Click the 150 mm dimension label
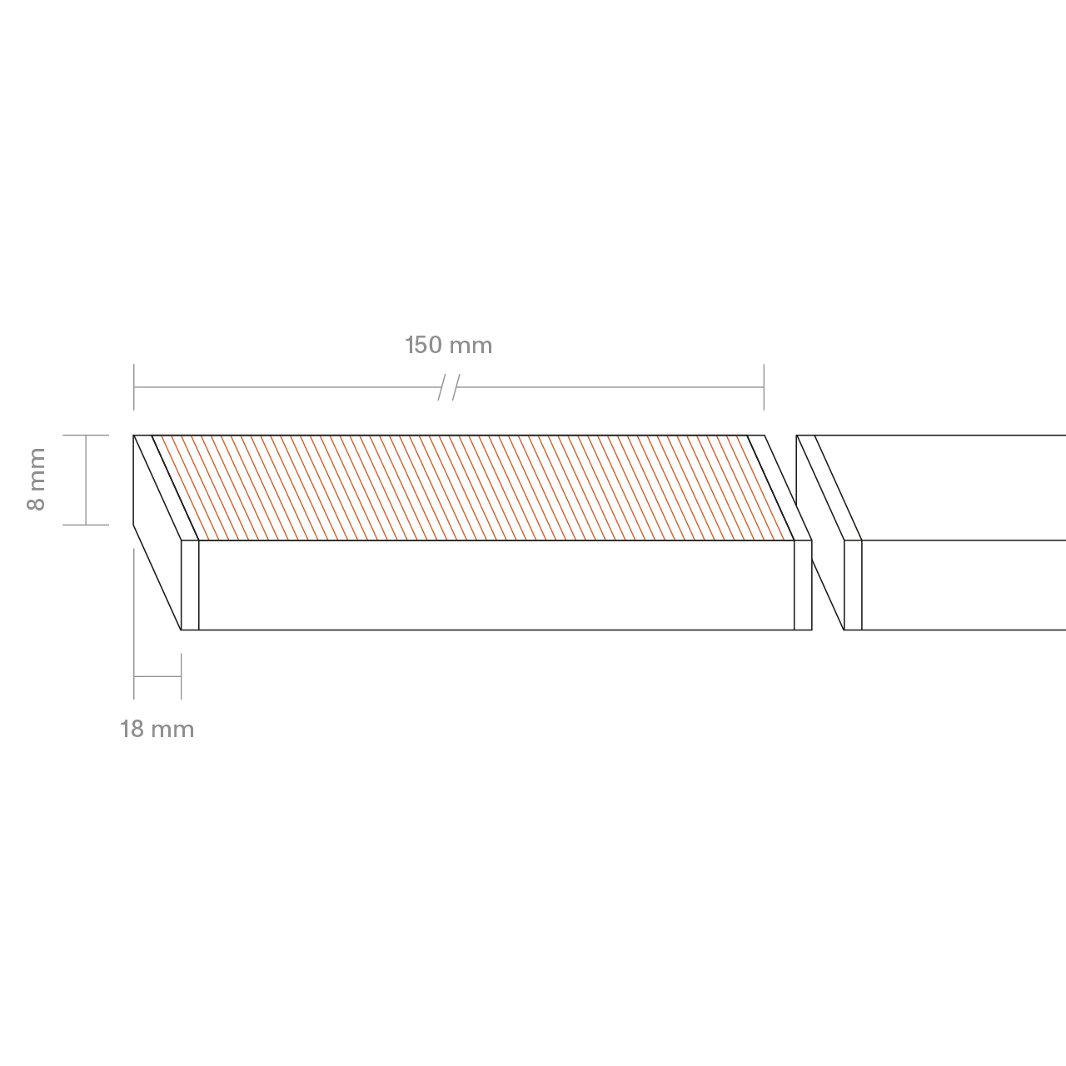(x=449, y=345)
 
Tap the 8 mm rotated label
(x=37, y=479)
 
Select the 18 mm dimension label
(x=157, y=729)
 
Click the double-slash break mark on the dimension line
(x=449, y=387)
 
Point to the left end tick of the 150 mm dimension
(x=134, y=387)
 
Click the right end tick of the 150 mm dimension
(x=764, y=387)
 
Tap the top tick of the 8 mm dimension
(x=86, y=436)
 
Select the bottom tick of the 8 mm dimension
(x=86, y=525)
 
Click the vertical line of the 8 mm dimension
(x=86, y=481)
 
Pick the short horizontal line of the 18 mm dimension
(x=157, y=676)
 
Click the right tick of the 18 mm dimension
(x=182, y=676)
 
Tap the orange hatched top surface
(x=473, y=487)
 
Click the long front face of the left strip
(x=496, y=585)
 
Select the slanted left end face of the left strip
(x=157, y=532)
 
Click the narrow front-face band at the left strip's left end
(x=190, y=585)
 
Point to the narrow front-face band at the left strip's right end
(x=803, y=585)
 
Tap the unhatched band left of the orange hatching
(x=166, y=487)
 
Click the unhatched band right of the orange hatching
(x=780, y=487)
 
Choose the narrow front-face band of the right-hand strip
(x=853, y=585)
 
